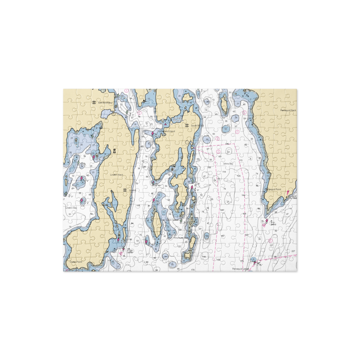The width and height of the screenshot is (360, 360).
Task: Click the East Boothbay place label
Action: pyautogui.click(x=105, y=103)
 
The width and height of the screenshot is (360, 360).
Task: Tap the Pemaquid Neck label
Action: pyautogui.click(x=288, y=110)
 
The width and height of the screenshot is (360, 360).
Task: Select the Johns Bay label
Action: pyautogui.click(x=228, y=164)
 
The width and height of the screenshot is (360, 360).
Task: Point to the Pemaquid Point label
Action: pyautogui.click(x=273, y=189)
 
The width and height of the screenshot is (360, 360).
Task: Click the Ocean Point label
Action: pyautogui.click(x=76, y=262)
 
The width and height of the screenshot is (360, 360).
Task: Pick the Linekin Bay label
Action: pyautogui.click(x=71, y=208)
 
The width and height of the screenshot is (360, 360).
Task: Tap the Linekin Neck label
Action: pyautogui.click(x=116, y=175)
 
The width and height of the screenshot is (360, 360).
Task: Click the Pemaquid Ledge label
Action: pyautogui.click(x=240, y=269)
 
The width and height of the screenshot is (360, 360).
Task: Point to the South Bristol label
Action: pyautogui.click(x=197, y=126)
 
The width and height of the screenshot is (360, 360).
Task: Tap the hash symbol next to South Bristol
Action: pyautogui.click(x=187, y=125)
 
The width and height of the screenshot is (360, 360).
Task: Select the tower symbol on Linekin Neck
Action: pyautogui.click(x=115, y=151)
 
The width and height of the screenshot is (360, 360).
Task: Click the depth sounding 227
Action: pyautogui.click(x=293, y=251)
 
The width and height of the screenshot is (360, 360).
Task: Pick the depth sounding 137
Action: pyautogui.click(x=271, y=246)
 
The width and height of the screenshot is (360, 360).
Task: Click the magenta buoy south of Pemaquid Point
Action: pyautogui.click(x=267, y=221)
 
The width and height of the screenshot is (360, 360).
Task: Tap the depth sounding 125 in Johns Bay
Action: pyautogui.click(x=239, y=176)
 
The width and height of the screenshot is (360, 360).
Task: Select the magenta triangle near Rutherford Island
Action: pyautogui.click(x=165, y=125)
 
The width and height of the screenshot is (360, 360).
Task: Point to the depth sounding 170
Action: pyautogui.click(x=193, y=270)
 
